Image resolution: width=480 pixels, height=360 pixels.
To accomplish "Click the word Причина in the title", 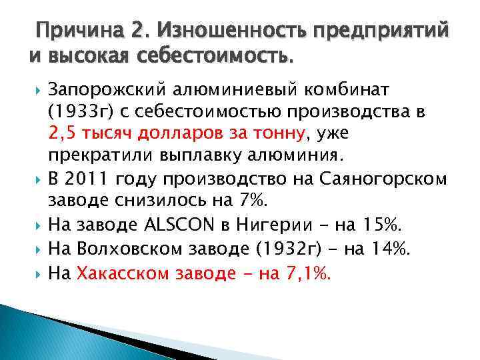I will [x=79, y=31].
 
